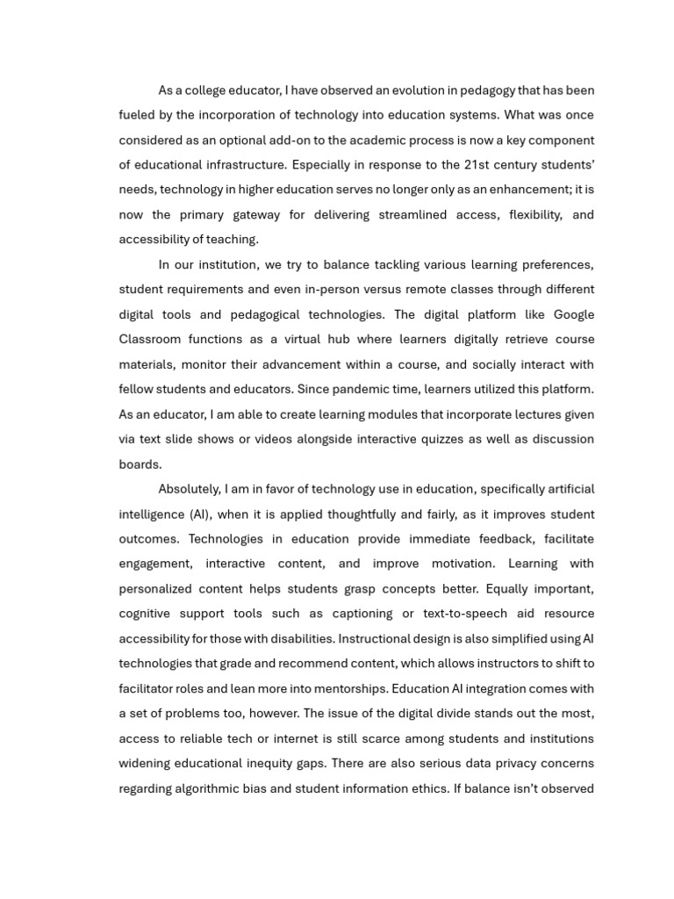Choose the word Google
pos(571,314)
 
